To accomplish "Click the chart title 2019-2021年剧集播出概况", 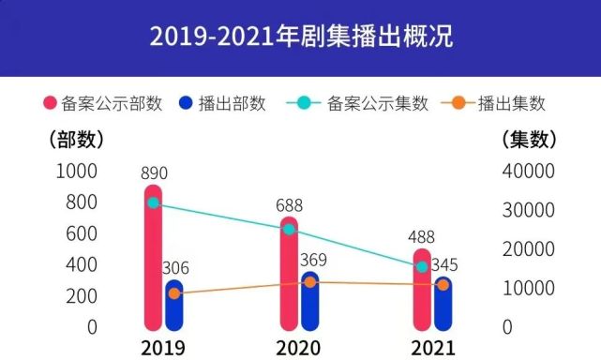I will coord(300,38).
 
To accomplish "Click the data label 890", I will coord(154,173).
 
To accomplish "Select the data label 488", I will coord(423,237).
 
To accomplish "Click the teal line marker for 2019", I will coord(153,202).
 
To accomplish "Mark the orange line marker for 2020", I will coord(309,282).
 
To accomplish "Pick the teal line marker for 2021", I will coord(422,267).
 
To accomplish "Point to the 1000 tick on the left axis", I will coord(77,171).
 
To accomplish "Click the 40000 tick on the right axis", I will coord(529,171).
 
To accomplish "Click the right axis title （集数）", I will coord(530,140).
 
